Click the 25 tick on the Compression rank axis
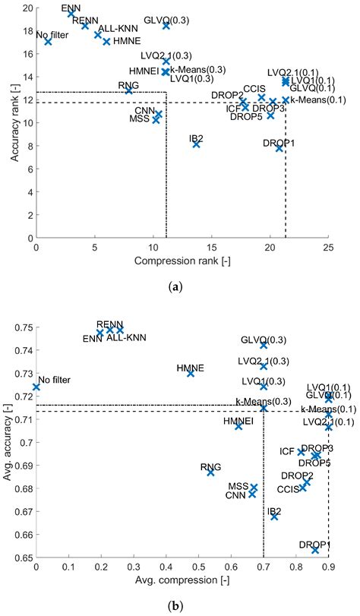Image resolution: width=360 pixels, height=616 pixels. (328, 248)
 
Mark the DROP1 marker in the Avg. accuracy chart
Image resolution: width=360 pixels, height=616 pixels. (315, 549)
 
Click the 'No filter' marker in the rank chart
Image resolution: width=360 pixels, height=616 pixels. (48, 42)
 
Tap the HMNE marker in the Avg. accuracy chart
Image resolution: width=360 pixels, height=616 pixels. (191, 373)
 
